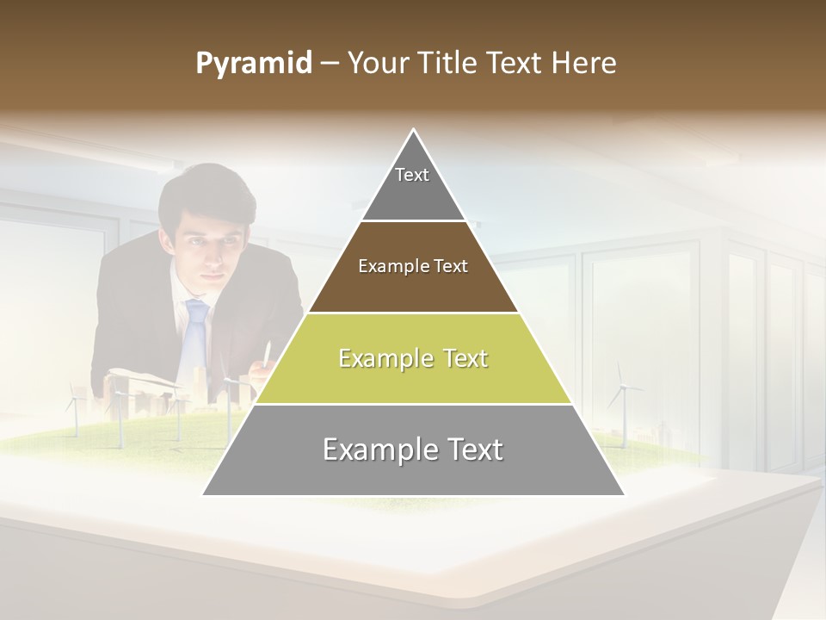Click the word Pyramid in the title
tap(253, 64)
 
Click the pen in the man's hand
tap(268, 353)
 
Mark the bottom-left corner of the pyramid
tap(203, 494)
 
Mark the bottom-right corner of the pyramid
tap(624, 494)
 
